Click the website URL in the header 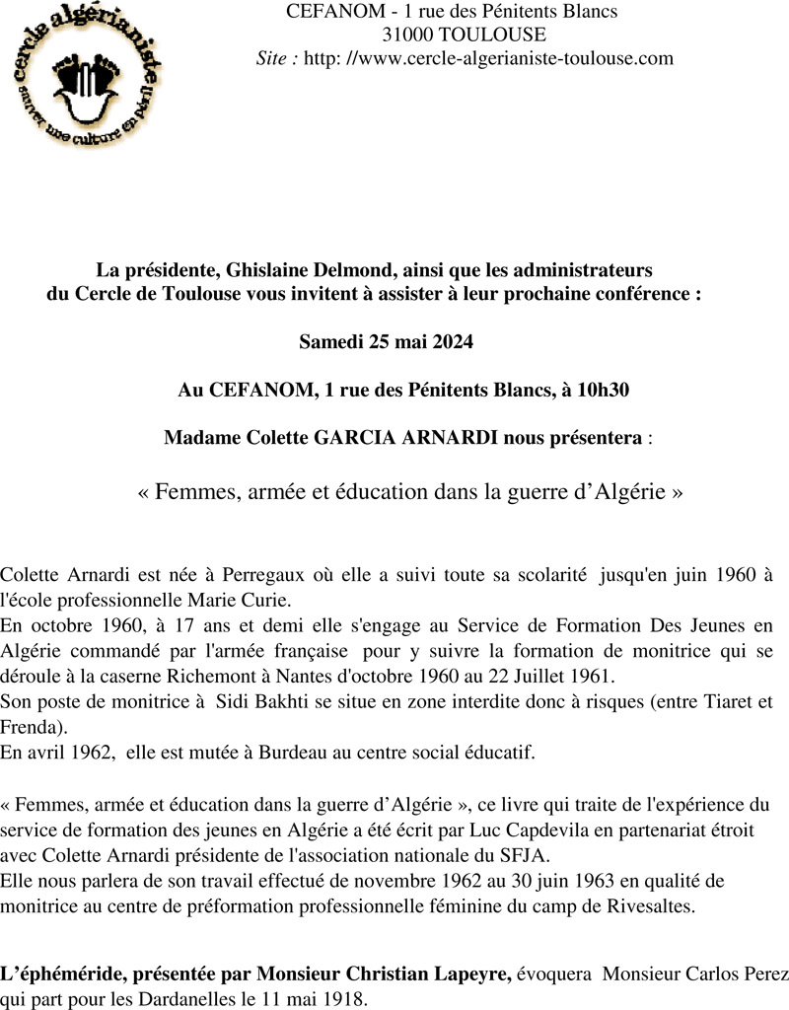(488, 58)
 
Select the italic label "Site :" (276, 58)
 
